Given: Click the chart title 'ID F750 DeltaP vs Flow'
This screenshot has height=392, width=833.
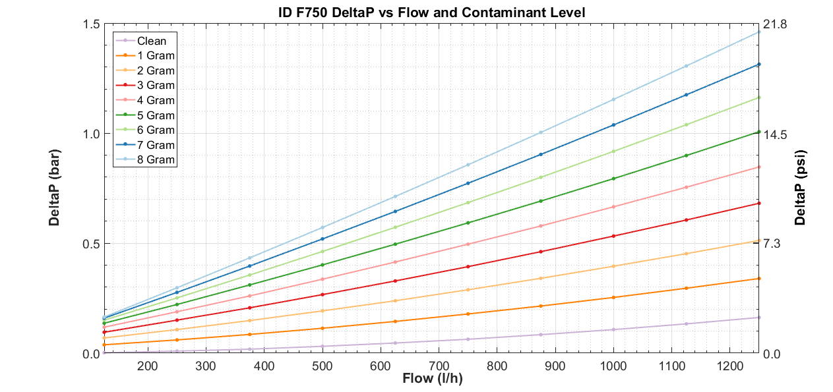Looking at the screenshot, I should (431, 12).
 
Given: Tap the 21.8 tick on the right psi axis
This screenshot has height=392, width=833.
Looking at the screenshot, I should (776, 24).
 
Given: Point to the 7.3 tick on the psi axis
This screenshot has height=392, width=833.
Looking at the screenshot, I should (773, 244).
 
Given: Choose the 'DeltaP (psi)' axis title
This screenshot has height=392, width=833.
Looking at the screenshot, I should (800, 188).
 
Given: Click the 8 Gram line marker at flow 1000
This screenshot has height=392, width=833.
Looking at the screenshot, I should (613, 99).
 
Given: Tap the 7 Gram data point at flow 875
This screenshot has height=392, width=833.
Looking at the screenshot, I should (541, 154).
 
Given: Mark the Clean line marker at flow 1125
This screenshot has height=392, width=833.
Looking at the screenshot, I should (686, 323).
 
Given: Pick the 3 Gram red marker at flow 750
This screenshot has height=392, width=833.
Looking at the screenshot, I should (468, 267).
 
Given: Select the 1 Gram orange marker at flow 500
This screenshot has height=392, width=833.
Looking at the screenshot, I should (322, 328).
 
